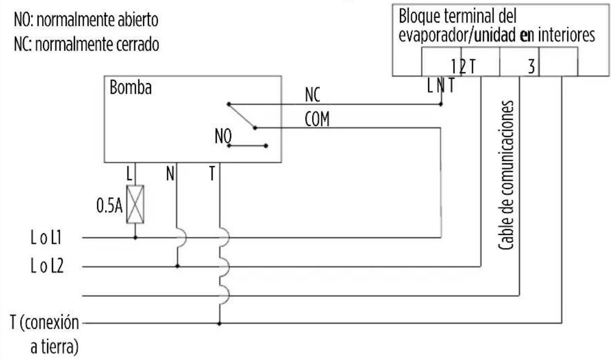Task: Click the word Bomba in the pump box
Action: pyautogui.click(x=130, y=87)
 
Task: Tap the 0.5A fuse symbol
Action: pyautogui.click(x=135, y=204)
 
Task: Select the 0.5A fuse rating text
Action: pyautogui.click(x=109, y=205)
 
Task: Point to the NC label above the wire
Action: pyautogui.click(x=313, y=94)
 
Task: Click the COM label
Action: pyautogui.click(x=317, y=119)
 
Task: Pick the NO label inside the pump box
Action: pyautogui.click(x=223, y=137)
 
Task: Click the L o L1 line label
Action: pyautogui.click(x=46, y=238)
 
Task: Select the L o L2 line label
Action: pyautogui.click(x=47, y=267)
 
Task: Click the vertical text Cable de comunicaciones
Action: pyautogui.click(x=506, y=175)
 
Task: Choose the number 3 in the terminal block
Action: pyautogui.click(x=531, y=67)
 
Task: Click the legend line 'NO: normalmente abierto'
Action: pyautogui.click(x=86, y=20)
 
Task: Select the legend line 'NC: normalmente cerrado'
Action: pyautogui.click(x=86, y=44)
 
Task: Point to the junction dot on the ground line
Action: pyautogui.click(x=219, y=324)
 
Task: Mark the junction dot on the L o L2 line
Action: pyautogui.click(x=177, y=267)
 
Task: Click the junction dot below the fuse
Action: pyautogui.click(x=135, y=237)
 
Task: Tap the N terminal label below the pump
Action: pyautogui.click(x=170, y=174)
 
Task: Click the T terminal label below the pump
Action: pyautogui.click(x=212, y=174)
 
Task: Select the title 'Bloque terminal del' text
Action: pyautogui.click(x=457, y=16)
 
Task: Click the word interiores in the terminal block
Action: pyautogui.click(x=566, y=35)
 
